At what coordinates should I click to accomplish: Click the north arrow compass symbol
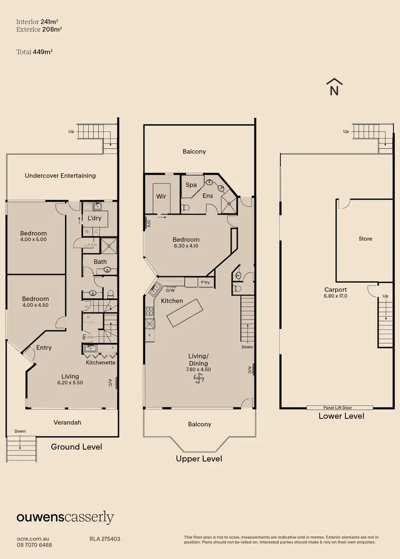coord(334,87)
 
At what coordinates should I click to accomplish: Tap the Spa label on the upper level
coord(191,185)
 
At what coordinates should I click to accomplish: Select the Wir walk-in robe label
coord(161,196)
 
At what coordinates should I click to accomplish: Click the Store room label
coord(365,239)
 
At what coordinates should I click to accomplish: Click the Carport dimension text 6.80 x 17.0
coord(336,296)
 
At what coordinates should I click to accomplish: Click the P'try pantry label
coord(205,283)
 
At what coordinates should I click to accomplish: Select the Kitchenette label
coord(101,363)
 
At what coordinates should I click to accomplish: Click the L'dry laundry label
coord(94,219)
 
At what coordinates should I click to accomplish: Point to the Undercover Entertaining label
coord(60,175)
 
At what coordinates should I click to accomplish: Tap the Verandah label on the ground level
coord(67,422)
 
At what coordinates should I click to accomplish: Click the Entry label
coord(44,348)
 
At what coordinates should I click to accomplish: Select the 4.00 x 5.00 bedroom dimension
coord(34,239)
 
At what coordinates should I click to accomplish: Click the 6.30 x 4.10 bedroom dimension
coord(186,246)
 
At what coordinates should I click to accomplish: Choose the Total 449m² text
coord(34,52)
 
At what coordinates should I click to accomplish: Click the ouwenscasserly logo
coord(65,517)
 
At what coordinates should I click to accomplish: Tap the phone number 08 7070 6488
coord(34,545)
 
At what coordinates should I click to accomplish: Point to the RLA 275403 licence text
coord(105,539)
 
